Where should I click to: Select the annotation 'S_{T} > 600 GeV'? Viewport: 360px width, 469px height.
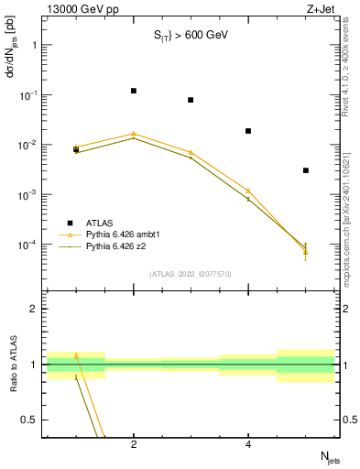click(190, 36)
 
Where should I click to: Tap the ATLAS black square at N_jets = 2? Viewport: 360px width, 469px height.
click(134, 91)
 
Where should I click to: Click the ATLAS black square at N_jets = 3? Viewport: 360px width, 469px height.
click(191, 100)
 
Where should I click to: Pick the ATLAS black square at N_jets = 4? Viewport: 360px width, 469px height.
click(248, 131)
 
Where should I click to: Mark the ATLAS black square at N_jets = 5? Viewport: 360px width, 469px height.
click(306, 170)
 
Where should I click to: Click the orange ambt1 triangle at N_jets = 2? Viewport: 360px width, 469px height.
click(134, 134)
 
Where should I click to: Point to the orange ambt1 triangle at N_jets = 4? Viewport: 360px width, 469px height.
click(248, 191)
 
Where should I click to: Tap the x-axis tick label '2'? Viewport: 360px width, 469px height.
click(134, 445)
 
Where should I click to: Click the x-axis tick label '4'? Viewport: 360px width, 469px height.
click(248, 445)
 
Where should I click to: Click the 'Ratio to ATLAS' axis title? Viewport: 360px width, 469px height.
click(13, 365)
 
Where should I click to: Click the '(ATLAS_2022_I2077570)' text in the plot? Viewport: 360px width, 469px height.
click(190, 273)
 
